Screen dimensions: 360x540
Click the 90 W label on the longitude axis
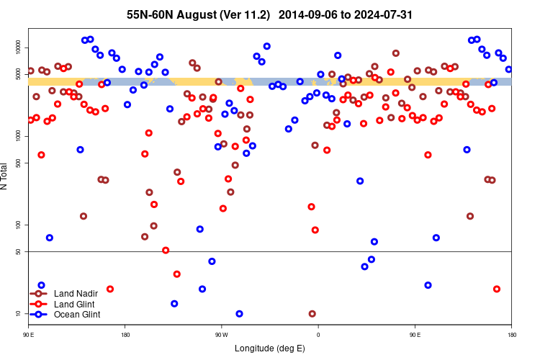(221, 335)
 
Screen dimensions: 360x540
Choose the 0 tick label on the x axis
(318, 335)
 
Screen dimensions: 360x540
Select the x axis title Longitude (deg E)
(270, 348)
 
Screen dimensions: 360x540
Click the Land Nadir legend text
(76, 294)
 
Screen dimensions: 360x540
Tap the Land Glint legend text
(75, 304)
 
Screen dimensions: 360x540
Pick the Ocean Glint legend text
(77, 314)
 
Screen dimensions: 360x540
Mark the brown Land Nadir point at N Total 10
(312, 314)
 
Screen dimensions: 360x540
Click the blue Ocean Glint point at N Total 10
(239, 314)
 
